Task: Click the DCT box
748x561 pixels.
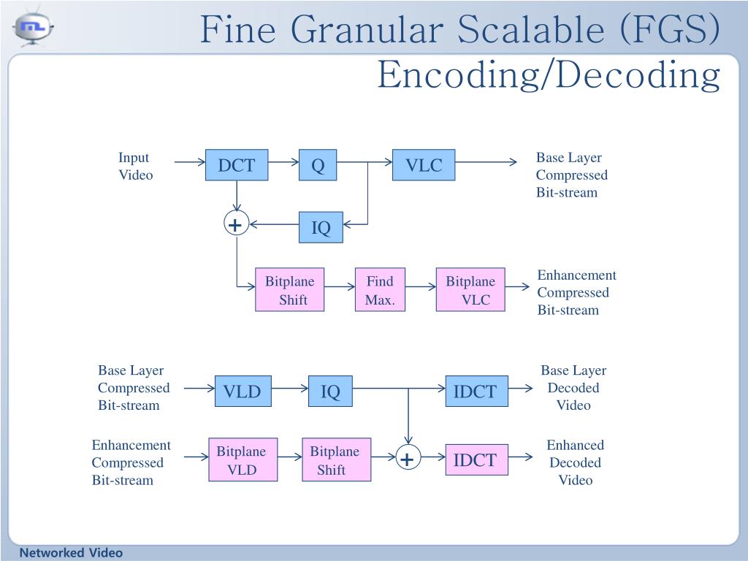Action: pos(237,166)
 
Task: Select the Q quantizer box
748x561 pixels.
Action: pos(318,166)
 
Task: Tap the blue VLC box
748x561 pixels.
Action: pos(424,166)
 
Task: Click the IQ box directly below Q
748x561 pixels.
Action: pos(321,228)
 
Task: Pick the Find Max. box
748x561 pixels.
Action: pos(380,290)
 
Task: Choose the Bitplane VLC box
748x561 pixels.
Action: pos(470,290)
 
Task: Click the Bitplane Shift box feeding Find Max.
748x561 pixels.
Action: pos(289,290)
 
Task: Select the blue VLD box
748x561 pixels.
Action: pos(242,392)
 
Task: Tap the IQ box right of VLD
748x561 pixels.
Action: pos(330,392)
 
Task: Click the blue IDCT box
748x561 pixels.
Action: pos(475,392)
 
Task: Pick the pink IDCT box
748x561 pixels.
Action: pos(476,459)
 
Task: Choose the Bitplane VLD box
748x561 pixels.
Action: pos(242,460)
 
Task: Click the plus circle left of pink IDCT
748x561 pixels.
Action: pos(407,459)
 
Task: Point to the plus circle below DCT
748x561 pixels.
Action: pos(236,224)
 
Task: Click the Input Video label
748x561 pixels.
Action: pos(135,166)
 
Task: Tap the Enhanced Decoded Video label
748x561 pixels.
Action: pos(575,462)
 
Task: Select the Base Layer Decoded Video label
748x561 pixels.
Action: pos(573,388)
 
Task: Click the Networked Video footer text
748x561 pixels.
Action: pos(71,553)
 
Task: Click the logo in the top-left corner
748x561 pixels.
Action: pos(34,27)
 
